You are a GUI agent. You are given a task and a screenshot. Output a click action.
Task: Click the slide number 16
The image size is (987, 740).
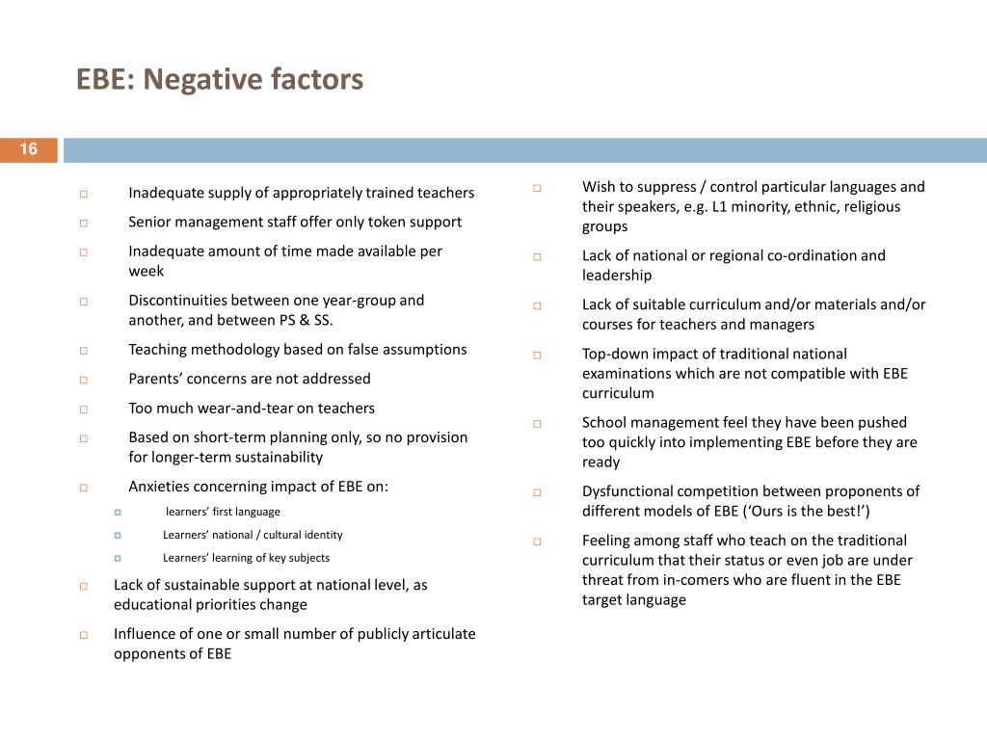28,149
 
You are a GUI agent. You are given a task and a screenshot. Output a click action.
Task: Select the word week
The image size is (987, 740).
147,271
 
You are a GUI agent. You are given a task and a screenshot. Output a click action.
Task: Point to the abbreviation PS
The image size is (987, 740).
287,320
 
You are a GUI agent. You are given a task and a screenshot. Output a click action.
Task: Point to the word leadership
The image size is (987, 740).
617,276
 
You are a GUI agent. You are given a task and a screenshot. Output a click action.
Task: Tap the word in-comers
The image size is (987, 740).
696,580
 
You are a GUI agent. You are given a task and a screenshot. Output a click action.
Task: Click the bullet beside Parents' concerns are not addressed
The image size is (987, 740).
84,380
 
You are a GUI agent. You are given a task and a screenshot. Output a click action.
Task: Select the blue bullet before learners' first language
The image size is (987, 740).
118,513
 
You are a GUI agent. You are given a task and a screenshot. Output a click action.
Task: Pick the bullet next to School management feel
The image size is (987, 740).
537,424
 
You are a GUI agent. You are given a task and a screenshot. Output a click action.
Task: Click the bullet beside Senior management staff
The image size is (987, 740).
84,224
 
